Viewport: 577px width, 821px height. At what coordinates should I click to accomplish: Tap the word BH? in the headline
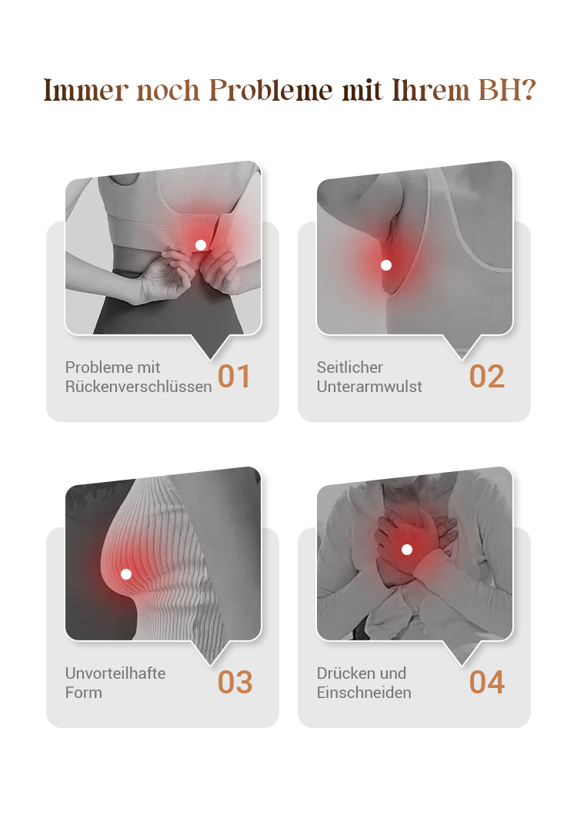[x=507, y=90]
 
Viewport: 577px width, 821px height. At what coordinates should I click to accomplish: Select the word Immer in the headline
[x=86, y=90]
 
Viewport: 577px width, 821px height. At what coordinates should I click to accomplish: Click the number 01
[x=234, y=376]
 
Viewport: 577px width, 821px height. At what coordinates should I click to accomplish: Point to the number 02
[x=486, y=376]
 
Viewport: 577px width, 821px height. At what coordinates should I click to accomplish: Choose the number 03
[x=235, y=682]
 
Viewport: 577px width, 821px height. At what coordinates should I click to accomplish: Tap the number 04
[x=487, y=682]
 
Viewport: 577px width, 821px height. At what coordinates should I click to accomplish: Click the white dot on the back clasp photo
[x=200, y=245]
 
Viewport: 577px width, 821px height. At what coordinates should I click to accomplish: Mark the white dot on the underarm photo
[x=386, y=265]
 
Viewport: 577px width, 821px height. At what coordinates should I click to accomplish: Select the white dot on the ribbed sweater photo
[x=125, y=574]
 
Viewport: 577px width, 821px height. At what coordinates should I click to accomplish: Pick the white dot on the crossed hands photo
[x=407, y=549]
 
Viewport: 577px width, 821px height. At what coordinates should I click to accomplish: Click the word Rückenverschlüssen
[x=138, y=387]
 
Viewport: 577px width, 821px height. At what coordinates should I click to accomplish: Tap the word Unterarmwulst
[x=369, y=387]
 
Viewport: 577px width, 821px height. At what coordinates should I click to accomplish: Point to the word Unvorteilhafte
[x=115, y=673]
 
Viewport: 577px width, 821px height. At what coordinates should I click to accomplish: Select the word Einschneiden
[x=364, y=692]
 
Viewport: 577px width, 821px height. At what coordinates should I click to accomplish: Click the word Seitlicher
[x=350, y=367]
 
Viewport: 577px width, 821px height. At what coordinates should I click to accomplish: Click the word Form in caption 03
[x=84, y=692]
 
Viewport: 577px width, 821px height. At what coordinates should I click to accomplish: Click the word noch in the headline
[x=168, y=90]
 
